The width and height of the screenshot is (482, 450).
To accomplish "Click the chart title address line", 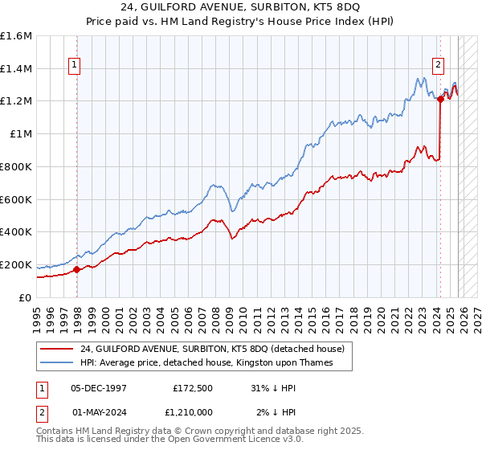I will pos(241,8).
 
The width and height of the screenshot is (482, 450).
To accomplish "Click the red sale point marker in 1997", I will pos(77,269).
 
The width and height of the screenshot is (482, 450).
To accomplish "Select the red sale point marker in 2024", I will pos(440,100).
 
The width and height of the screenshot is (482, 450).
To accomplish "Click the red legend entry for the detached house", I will pos(212,349).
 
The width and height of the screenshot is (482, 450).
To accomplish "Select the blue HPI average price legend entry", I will pos(206,363).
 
